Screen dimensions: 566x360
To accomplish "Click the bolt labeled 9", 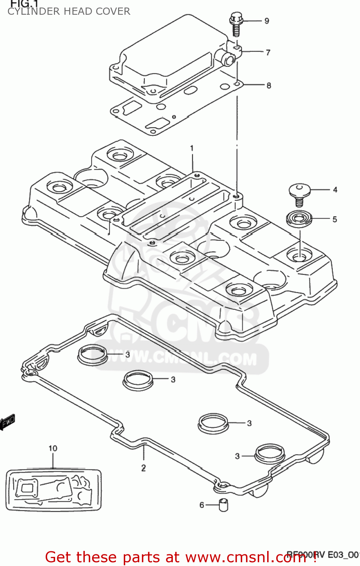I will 236,24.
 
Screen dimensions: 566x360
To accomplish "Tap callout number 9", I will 267,21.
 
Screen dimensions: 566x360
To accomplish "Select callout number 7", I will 268,52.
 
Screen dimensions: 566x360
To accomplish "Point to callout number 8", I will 269,86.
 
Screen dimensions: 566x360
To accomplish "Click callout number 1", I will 192,148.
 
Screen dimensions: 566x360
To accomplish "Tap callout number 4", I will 335,190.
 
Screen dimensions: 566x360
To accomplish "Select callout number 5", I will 335,219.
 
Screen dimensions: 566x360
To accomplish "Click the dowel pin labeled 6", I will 223,505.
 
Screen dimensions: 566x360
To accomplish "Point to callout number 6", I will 202,505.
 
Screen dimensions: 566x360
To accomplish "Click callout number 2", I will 143,468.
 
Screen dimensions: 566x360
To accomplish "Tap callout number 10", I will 53,448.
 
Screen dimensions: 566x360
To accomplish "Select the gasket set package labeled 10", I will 54,490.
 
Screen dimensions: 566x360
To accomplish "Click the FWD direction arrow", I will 8,422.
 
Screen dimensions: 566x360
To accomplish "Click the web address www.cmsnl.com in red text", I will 246,557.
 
